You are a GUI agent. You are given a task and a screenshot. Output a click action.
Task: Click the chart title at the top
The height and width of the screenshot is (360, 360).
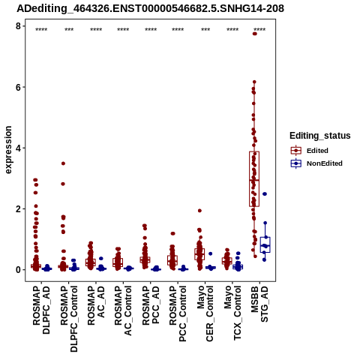151,8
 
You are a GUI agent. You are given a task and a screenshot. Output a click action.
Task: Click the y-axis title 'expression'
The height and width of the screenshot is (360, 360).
8,150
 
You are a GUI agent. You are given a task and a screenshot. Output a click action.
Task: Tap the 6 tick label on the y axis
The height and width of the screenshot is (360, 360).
18,87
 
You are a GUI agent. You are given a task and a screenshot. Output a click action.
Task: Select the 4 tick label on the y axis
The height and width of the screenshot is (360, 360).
18,148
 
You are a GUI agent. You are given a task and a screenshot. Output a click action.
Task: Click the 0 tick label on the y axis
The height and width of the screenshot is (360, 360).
18,270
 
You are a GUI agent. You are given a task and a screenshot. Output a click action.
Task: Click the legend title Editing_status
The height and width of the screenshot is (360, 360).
320,136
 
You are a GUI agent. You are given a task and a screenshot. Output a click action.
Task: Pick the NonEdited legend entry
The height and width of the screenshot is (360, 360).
316,163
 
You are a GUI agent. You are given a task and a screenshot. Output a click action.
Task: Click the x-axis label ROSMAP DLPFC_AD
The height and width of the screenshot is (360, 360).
41,310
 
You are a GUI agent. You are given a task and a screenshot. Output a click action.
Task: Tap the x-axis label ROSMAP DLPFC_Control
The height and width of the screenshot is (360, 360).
69,319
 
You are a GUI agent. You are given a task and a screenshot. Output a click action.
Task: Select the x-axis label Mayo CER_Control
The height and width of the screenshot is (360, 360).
205,313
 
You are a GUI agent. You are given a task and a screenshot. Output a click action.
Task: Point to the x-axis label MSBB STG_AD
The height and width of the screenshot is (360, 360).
259,304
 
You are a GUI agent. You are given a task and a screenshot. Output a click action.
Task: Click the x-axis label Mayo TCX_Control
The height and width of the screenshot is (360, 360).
232,313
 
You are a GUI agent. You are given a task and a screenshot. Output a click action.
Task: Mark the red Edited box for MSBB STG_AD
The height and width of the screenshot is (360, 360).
254,179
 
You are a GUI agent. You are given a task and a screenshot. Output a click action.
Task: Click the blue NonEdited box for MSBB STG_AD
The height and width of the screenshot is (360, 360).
265,244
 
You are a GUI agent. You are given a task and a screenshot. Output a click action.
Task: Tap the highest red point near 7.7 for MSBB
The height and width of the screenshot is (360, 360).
255,34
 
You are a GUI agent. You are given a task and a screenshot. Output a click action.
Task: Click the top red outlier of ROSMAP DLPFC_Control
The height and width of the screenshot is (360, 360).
63,163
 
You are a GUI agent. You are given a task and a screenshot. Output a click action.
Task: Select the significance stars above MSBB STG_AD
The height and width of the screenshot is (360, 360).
259,30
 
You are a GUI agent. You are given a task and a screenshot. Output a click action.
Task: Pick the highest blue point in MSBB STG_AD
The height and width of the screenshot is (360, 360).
265,193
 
